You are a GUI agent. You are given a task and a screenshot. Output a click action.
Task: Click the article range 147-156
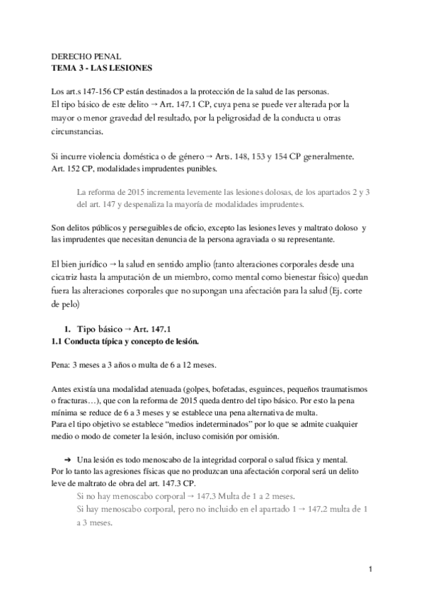point(96,91)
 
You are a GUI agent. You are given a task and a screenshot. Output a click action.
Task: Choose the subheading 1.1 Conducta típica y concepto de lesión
point(127,341)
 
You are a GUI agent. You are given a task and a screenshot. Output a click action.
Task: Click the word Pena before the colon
point(62,365)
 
